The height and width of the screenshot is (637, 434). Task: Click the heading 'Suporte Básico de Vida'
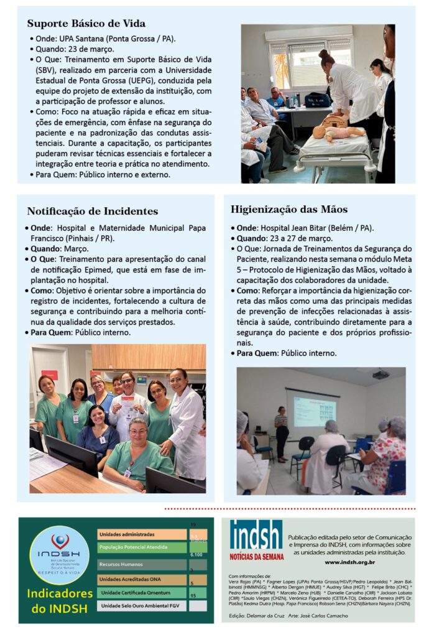pyautogui.click(x=86, y=24)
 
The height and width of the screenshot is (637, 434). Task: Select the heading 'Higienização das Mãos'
pyautogui.click(x=289, y=209)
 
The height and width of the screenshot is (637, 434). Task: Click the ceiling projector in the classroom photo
pyautogui.click(x=381, y=374)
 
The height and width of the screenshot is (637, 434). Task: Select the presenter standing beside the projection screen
pyautogui.click(x=281, y=432)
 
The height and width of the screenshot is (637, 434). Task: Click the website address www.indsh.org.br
pyautogui.click(x=349, y=562)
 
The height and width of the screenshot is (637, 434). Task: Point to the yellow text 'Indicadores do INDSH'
pyautogui.click(x=60, y=600)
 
